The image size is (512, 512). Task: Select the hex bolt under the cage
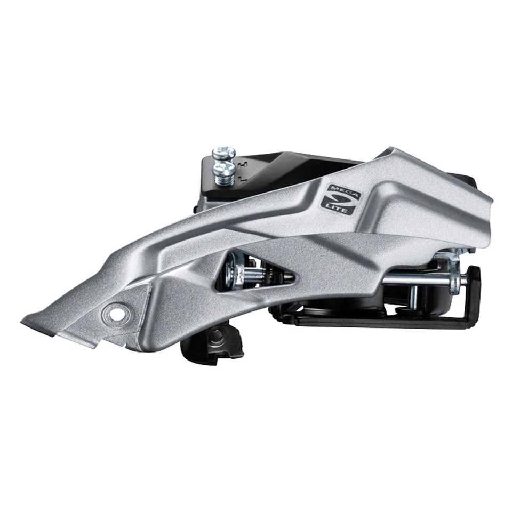(217, 335)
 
